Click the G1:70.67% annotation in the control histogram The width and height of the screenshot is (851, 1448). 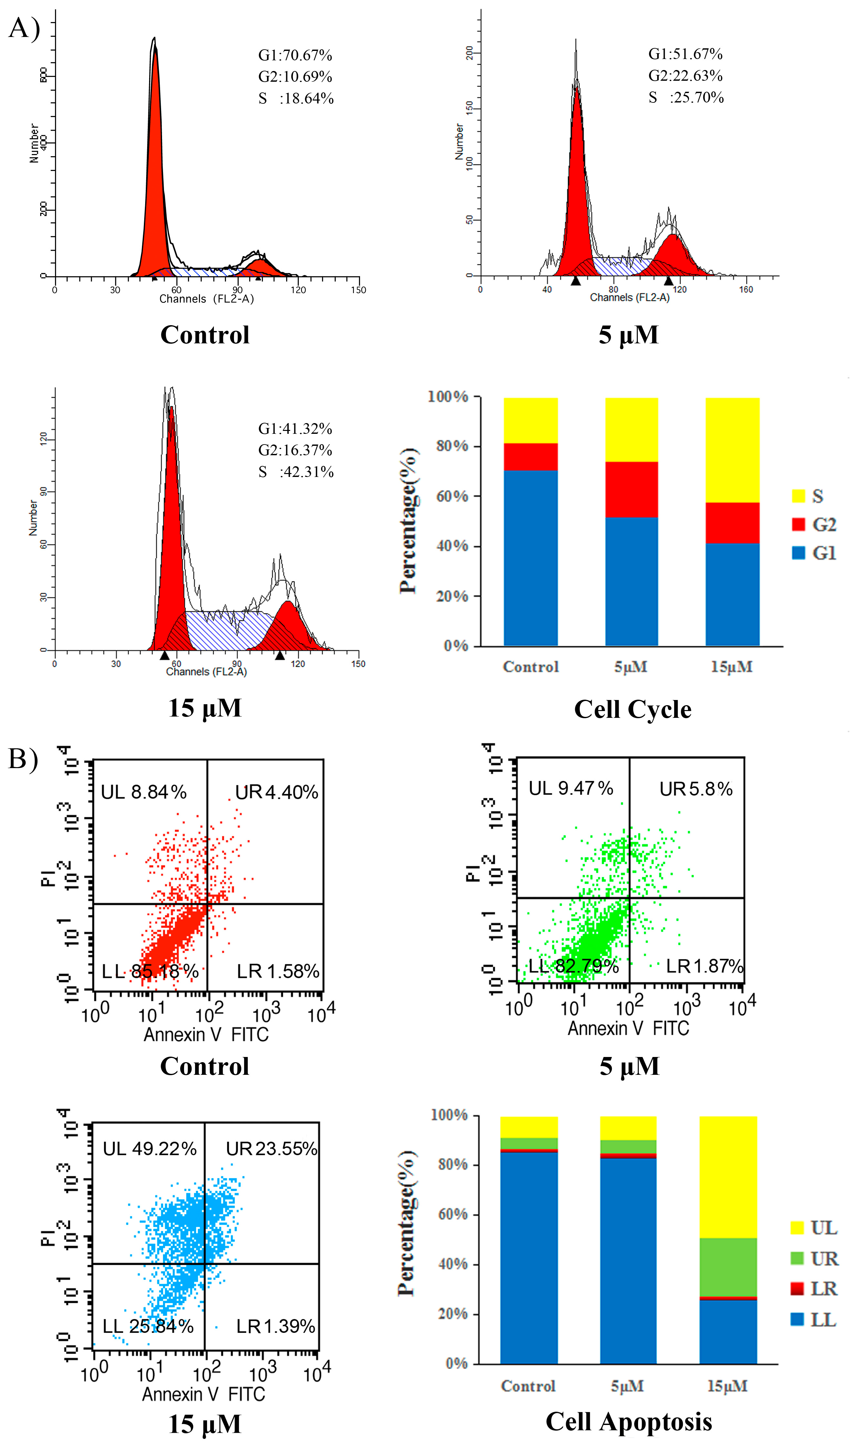pyautogui.click(x=295, y=55)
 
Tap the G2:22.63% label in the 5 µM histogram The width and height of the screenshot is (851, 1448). pyautogui.click(x=685, y=76)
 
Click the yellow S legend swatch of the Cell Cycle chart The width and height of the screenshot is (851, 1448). pyautogui.click(x=798, y=496)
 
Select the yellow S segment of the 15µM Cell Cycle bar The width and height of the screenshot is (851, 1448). pyautogui.click(x=732, y=450)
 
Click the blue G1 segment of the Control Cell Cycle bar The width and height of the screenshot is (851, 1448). pyautogui.click(x=530, y=557)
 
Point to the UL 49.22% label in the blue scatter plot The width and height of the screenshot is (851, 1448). pyautogui.click(x=149, y=1149)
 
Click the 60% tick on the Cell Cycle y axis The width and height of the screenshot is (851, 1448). pyautogui.click(x=452, y=496)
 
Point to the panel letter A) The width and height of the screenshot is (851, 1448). pyautogui.click(x=24, y=28)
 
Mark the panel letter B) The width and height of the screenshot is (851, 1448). pyautogui.click(x=23, y=758)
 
